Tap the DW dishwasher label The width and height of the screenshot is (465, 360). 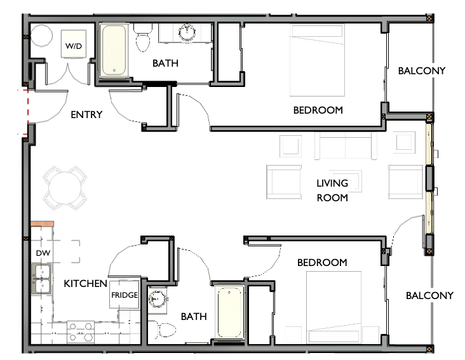(x=42, y=254)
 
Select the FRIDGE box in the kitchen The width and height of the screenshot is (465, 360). (x=125, y=296)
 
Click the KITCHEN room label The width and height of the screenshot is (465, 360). (x=85, y=283)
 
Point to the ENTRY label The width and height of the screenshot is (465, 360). (x=86, y=115)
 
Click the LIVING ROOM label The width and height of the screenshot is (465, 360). (x=332, y=190)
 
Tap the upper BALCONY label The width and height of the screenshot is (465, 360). (x=422, y=70)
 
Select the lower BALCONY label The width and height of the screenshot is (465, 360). (x=429, y=295)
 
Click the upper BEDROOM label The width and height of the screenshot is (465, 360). (x=318, y=110)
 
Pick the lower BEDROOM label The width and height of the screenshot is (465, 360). (x=322, y=262)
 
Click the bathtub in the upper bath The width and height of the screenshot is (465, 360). (x=114, y=51)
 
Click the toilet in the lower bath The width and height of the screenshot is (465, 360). (x=162, y=329)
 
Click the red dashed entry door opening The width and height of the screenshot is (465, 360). (x=26, y=112)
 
